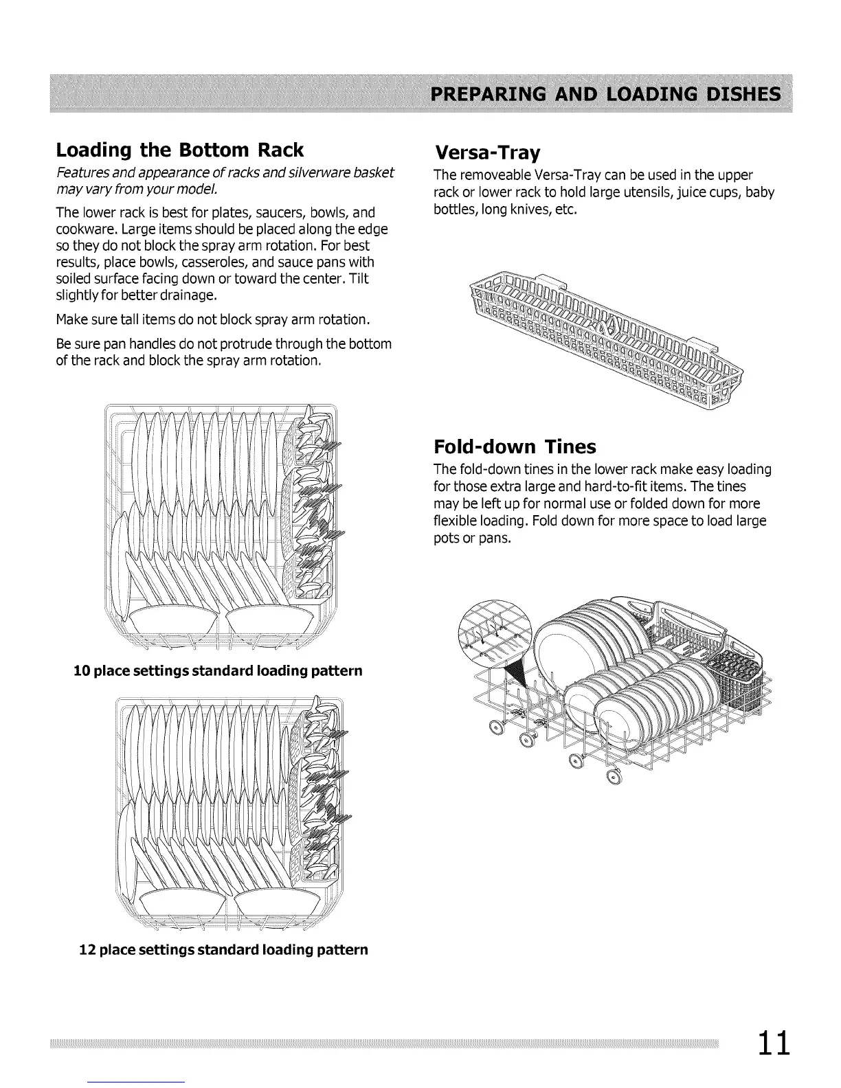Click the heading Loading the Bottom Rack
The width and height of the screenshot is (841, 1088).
click(179, 149)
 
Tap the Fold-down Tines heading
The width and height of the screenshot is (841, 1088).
click(515, 447)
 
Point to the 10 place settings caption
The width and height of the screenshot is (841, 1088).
click(218, 670)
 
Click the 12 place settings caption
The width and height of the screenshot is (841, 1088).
click(224, 949)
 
